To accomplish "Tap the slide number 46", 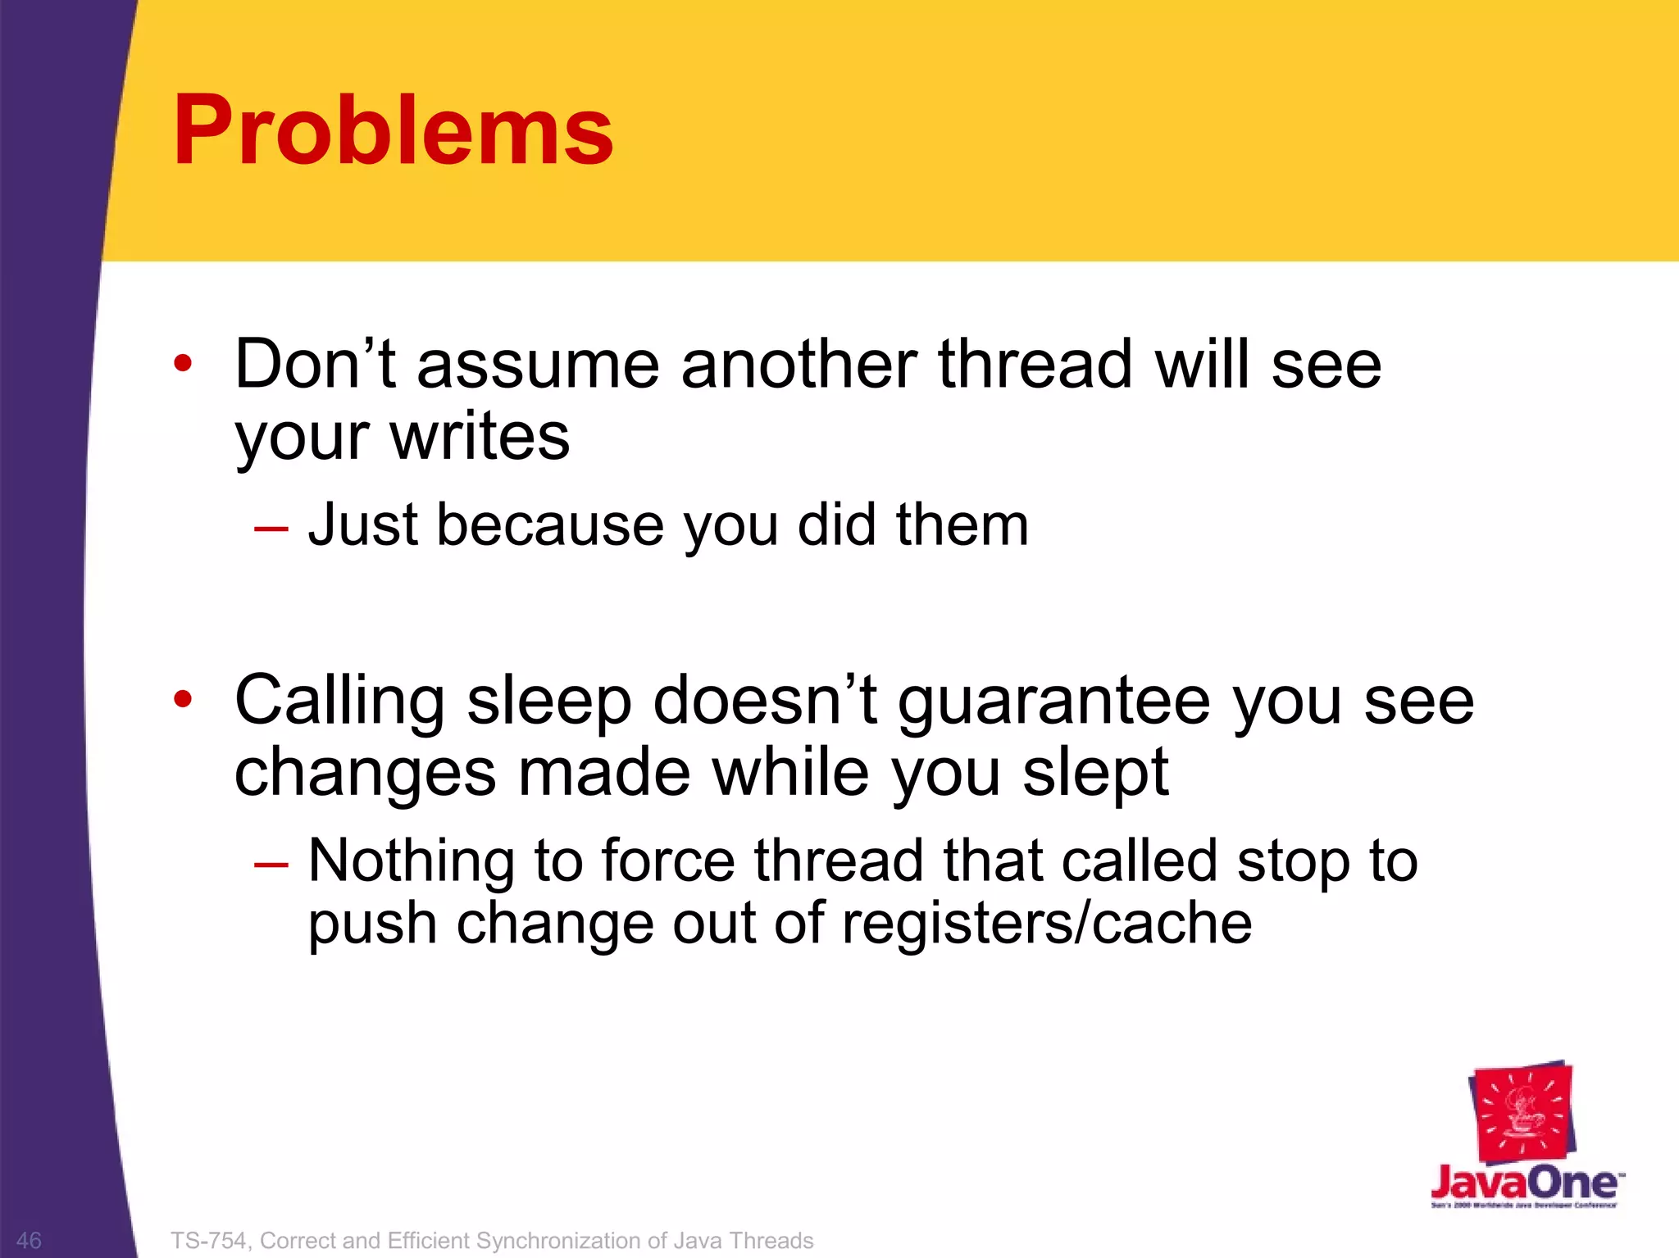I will point(29,1240).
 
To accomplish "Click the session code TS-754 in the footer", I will point(208,1241).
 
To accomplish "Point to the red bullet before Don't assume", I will point(183,363).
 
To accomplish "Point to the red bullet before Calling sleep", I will point(183,699).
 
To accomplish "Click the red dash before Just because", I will point(271,529).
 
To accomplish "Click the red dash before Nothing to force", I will point(271,864).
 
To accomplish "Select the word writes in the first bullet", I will point(480,436).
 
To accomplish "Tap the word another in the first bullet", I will point(799,365).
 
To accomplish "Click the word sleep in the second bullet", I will point(548,702).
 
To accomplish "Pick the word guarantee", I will point(1054,702).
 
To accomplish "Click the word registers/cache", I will point(1047,924).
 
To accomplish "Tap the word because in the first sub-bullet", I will point(550,525).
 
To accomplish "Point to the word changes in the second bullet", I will point(366,774).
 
